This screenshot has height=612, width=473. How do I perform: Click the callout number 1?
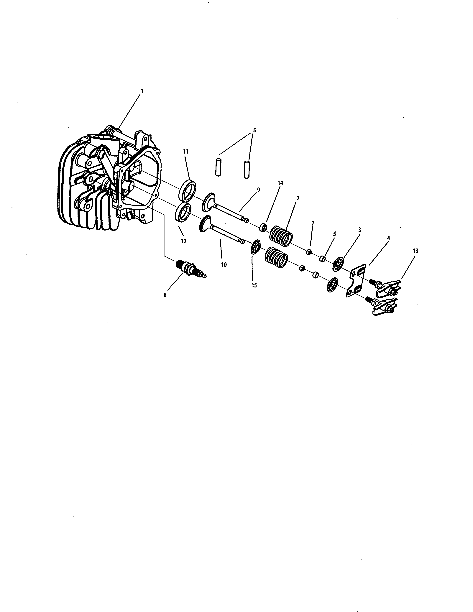pos(142,91)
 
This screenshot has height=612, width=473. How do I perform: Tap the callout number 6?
pos(254,130)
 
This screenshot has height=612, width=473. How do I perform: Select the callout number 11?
pos(185,152)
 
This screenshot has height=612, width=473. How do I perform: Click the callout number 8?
pos(165,295)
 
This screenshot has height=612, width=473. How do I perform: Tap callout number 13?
pos(415,251)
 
